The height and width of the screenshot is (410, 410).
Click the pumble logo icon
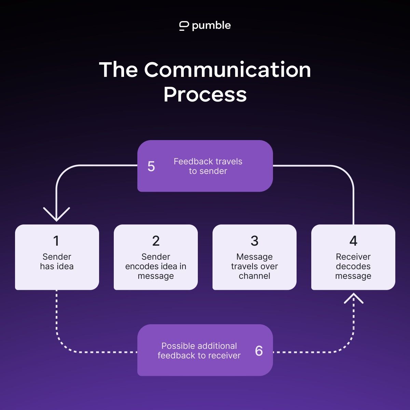(184, 26)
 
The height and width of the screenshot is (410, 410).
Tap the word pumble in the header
(211, 26)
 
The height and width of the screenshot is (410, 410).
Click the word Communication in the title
(227, 70)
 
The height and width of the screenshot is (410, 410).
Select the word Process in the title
(205, 94)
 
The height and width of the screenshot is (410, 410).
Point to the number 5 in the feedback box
(151, 166)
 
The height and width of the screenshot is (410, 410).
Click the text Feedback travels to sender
(208, 166)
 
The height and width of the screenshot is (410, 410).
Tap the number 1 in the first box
(56, 241)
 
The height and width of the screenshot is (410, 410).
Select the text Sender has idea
(57, 261)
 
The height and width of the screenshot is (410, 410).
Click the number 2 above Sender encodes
(156, 241)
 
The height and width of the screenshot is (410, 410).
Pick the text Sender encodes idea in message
(156, 266)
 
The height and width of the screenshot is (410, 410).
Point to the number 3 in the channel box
(255, 241)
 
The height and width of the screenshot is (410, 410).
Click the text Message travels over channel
(255, 266)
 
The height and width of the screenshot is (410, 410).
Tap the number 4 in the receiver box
(353, 241)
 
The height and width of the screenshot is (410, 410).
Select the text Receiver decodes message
(353, 266)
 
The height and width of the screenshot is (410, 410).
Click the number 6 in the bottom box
(259, 351)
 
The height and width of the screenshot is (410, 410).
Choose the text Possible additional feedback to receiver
(199, 351)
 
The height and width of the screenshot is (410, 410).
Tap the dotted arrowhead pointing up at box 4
(353, 298)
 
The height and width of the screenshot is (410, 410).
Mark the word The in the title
(119, 70)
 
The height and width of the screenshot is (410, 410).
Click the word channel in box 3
(255, 276)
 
